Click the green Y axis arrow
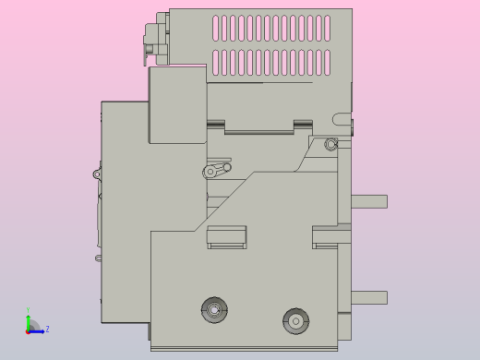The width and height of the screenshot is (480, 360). pyautogui.click(x=28, y=320)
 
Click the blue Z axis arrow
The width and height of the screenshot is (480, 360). pyautogui.click(x=38, y=330)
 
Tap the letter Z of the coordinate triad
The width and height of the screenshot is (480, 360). pyautogui.click(x=47, y=329)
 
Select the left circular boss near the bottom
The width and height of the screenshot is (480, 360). pyautogui.click(x=214, y=310)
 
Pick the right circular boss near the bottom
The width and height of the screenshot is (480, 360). pyautogui.click(x=295, y=320)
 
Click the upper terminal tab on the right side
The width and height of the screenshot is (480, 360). pyautogui.click(x=368, y=201)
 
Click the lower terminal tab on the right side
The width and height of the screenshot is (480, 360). pyautogui.click(x=368, y=297)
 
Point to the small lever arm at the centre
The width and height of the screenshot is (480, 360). pyautogui.click(x=218, y=170)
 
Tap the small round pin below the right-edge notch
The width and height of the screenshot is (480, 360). pyautogui.click(x=331, y=144)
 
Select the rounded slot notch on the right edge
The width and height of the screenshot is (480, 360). pyautogui.click(x=342, y=119)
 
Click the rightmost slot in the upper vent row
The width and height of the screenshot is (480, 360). pyautogui.click(x=326, y=28)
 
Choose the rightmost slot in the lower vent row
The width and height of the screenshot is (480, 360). pyautogui.click(x=326, y=63)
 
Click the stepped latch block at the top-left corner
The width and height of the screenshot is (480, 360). pyautogui.click(x=156, y=39)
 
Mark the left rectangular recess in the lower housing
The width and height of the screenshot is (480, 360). pyautogui.click(x=226, y=236)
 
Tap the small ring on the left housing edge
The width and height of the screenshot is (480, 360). pyautogui.click(x=97, y=174)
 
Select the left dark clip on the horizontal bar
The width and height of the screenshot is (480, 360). pyautogui.click(x=215, y=124)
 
